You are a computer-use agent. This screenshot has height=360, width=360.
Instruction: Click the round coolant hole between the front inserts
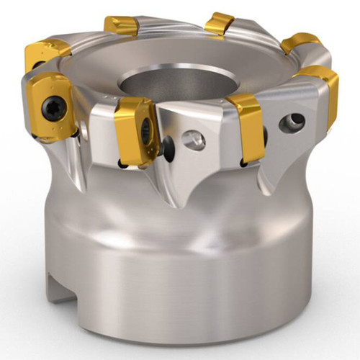coord(193,140)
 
